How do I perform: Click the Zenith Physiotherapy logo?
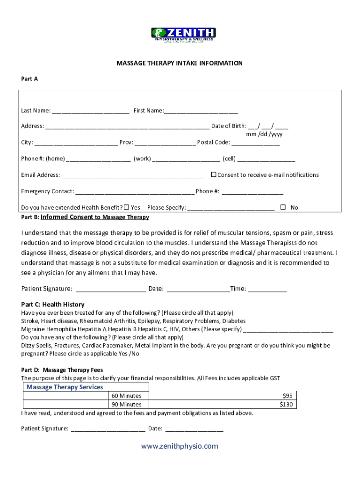[x=183, y=35]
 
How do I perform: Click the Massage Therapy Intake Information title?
[x=180, y=63]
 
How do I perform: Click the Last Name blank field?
[x=90, y=111]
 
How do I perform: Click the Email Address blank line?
[x=132, y=176]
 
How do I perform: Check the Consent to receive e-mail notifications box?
[x=214, y=174]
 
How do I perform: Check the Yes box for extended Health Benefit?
[x=127, y=207]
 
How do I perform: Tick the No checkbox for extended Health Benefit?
[x=283, y=207]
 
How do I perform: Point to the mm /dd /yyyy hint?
[x=264, y=134]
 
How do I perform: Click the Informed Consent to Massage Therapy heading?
[x=95, y=217]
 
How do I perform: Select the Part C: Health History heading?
[x=53, y=305]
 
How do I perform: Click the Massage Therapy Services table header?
[x=65, y=387]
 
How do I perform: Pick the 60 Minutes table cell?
[x=127, y=396]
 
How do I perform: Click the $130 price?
[x=286, y=404]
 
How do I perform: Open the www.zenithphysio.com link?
[x=180, y=446]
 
